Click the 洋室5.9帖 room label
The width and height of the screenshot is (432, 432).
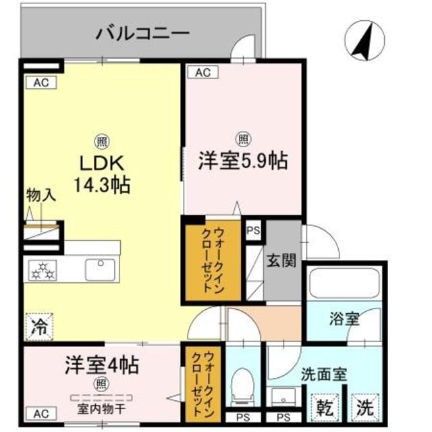(243, 161)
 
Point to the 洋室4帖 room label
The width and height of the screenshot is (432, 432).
(101, 366)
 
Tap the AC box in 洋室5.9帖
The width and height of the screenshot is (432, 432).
(201, 72)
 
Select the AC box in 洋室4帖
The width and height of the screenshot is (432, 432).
(40, 412)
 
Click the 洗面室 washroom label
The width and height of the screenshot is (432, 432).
(324, 374)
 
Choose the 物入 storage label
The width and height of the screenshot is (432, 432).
(40, 196)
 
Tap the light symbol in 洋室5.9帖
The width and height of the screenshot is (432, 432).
(243, 140)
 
